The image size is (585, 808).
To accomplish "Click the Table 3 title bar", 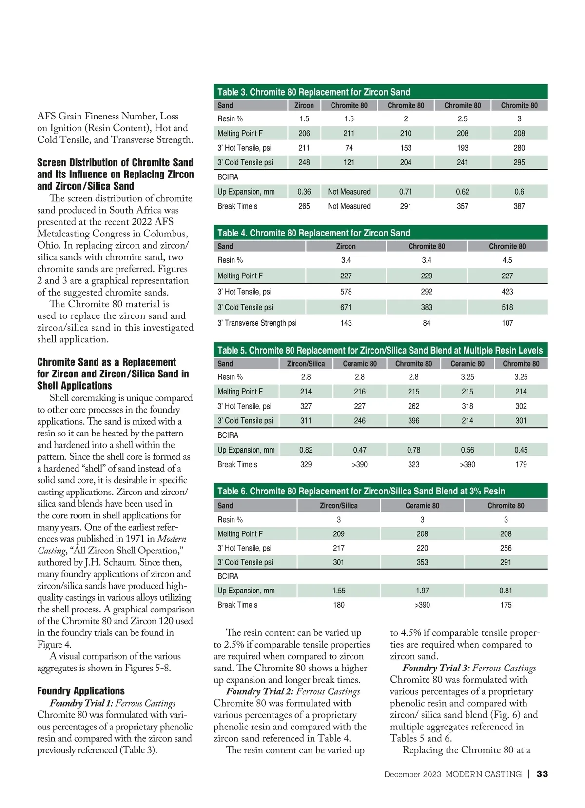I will point(380,92).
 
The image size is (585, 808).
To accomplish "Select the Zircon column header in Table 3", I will point(304,105).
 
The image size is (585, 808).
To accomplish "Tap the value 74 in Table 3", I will point(349,148).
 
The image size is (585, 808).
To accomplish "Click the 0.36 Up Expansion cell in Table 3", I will point(304,192).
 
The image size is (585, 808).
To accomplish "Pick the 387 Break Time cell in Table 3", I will point(519,206).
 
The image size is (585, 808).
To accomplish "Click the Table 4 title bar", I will point(380,233).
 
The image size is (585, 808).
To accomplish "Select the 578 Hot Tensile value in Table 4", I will point(346,292).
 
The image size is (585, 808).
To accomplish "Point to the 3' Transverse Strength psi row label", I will point(257,323).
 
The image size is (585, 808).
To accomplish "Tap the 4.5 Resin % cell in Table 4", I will point(507,260).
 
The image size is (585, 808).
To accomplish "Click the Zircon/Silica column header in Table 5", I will point(306,364).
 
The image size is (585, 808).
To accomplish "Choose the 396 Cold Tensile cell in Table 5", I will point(413,420).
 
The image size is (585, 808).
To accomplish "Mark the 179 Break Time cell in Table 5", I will point(521,464).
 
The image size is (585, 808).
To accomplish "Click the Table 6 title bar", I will point(380,491).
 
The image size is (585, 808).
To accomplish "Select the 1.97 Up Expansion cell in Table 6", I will point(422,591).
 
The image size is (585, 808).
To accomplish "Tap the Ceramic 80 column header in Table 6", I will point(422,506).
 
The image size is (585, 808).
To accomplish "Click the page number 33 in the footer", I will point(542,774).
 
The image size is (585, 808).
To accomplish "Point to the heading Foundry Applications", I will point(81,691).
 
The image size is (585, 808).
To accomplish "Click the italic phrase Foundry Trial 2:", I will point(259,691).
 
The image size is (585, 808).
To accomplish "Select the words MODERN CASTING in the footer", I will point(483,774).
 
